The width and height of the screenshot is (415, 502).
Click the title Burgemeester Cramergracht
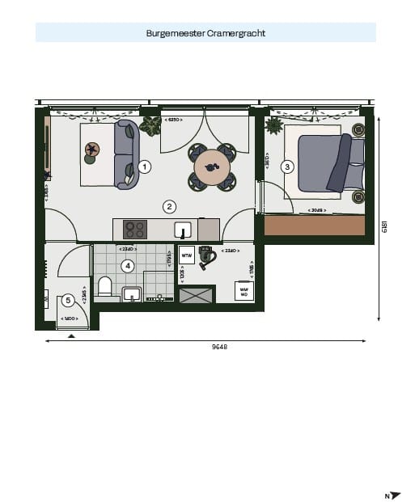205,33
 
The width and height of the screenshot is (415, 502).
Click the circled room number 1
144,167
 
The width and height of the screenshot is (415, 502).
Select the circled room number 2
169,206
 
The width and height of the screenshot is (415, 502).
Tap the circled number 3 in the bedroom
286,167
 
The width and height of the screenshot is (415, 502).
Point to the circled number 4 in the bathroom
127,265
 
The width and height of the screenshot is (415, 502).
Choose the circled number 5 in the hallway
68,300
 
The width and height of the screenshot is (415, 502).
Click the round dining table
213,168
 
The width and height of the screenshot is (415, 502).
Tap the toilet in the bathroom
104,287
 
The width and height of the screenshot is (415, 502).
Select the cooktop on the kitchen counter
133,229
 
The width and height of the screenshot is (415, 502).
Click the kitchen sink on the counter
183,230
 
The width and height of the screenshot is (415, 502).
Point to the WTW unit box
186,256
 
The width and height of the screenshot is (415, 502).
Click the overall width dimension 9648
219,347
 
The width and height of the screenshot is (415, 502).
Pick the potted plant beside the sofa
150,125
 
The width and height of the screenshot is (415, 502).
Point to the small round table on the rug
93,150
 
